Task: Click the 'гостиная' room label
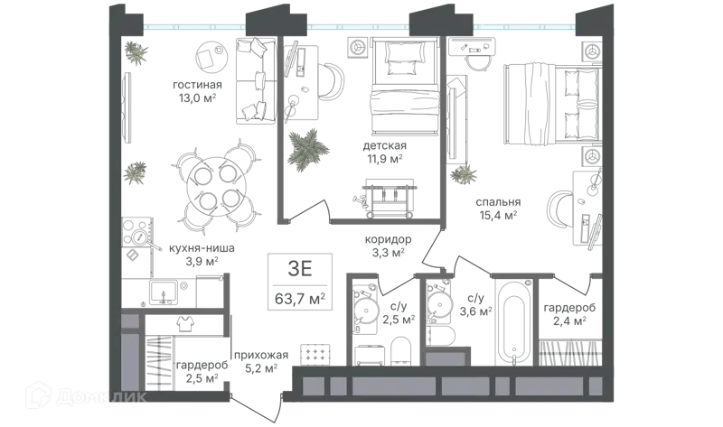[x=197, y=85]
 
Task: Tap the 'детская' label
[x=385, y=146]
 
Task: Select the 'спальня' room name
[x=498, y=201]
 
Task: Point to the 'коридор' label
[x=388, y=239]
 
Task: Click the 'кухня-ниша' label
[x=202, y=248]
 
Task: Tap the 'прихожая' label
[x=261, y=355]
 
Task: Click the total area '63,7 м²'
[x=300, y=299]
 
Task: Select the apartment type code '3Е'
[x=300, y=269]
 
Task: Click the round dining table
[x=216, y=187]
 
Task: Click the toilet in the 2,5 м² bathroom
[x=400, y=351]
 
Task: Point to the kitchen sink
[x=163, y=291]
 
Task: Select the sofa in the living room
[x=257, y=80]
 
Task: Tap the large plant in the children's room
[x=308, y=147]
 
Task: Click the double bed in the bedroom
[x=553, y=102]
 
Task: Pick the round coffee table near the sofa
[x=211, y=56]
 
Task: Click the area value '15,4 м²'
[x=498, y=215]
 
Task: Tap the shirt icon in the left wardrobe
[x=186, y=323]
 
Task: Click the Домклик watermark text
[x=101, y=396]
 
